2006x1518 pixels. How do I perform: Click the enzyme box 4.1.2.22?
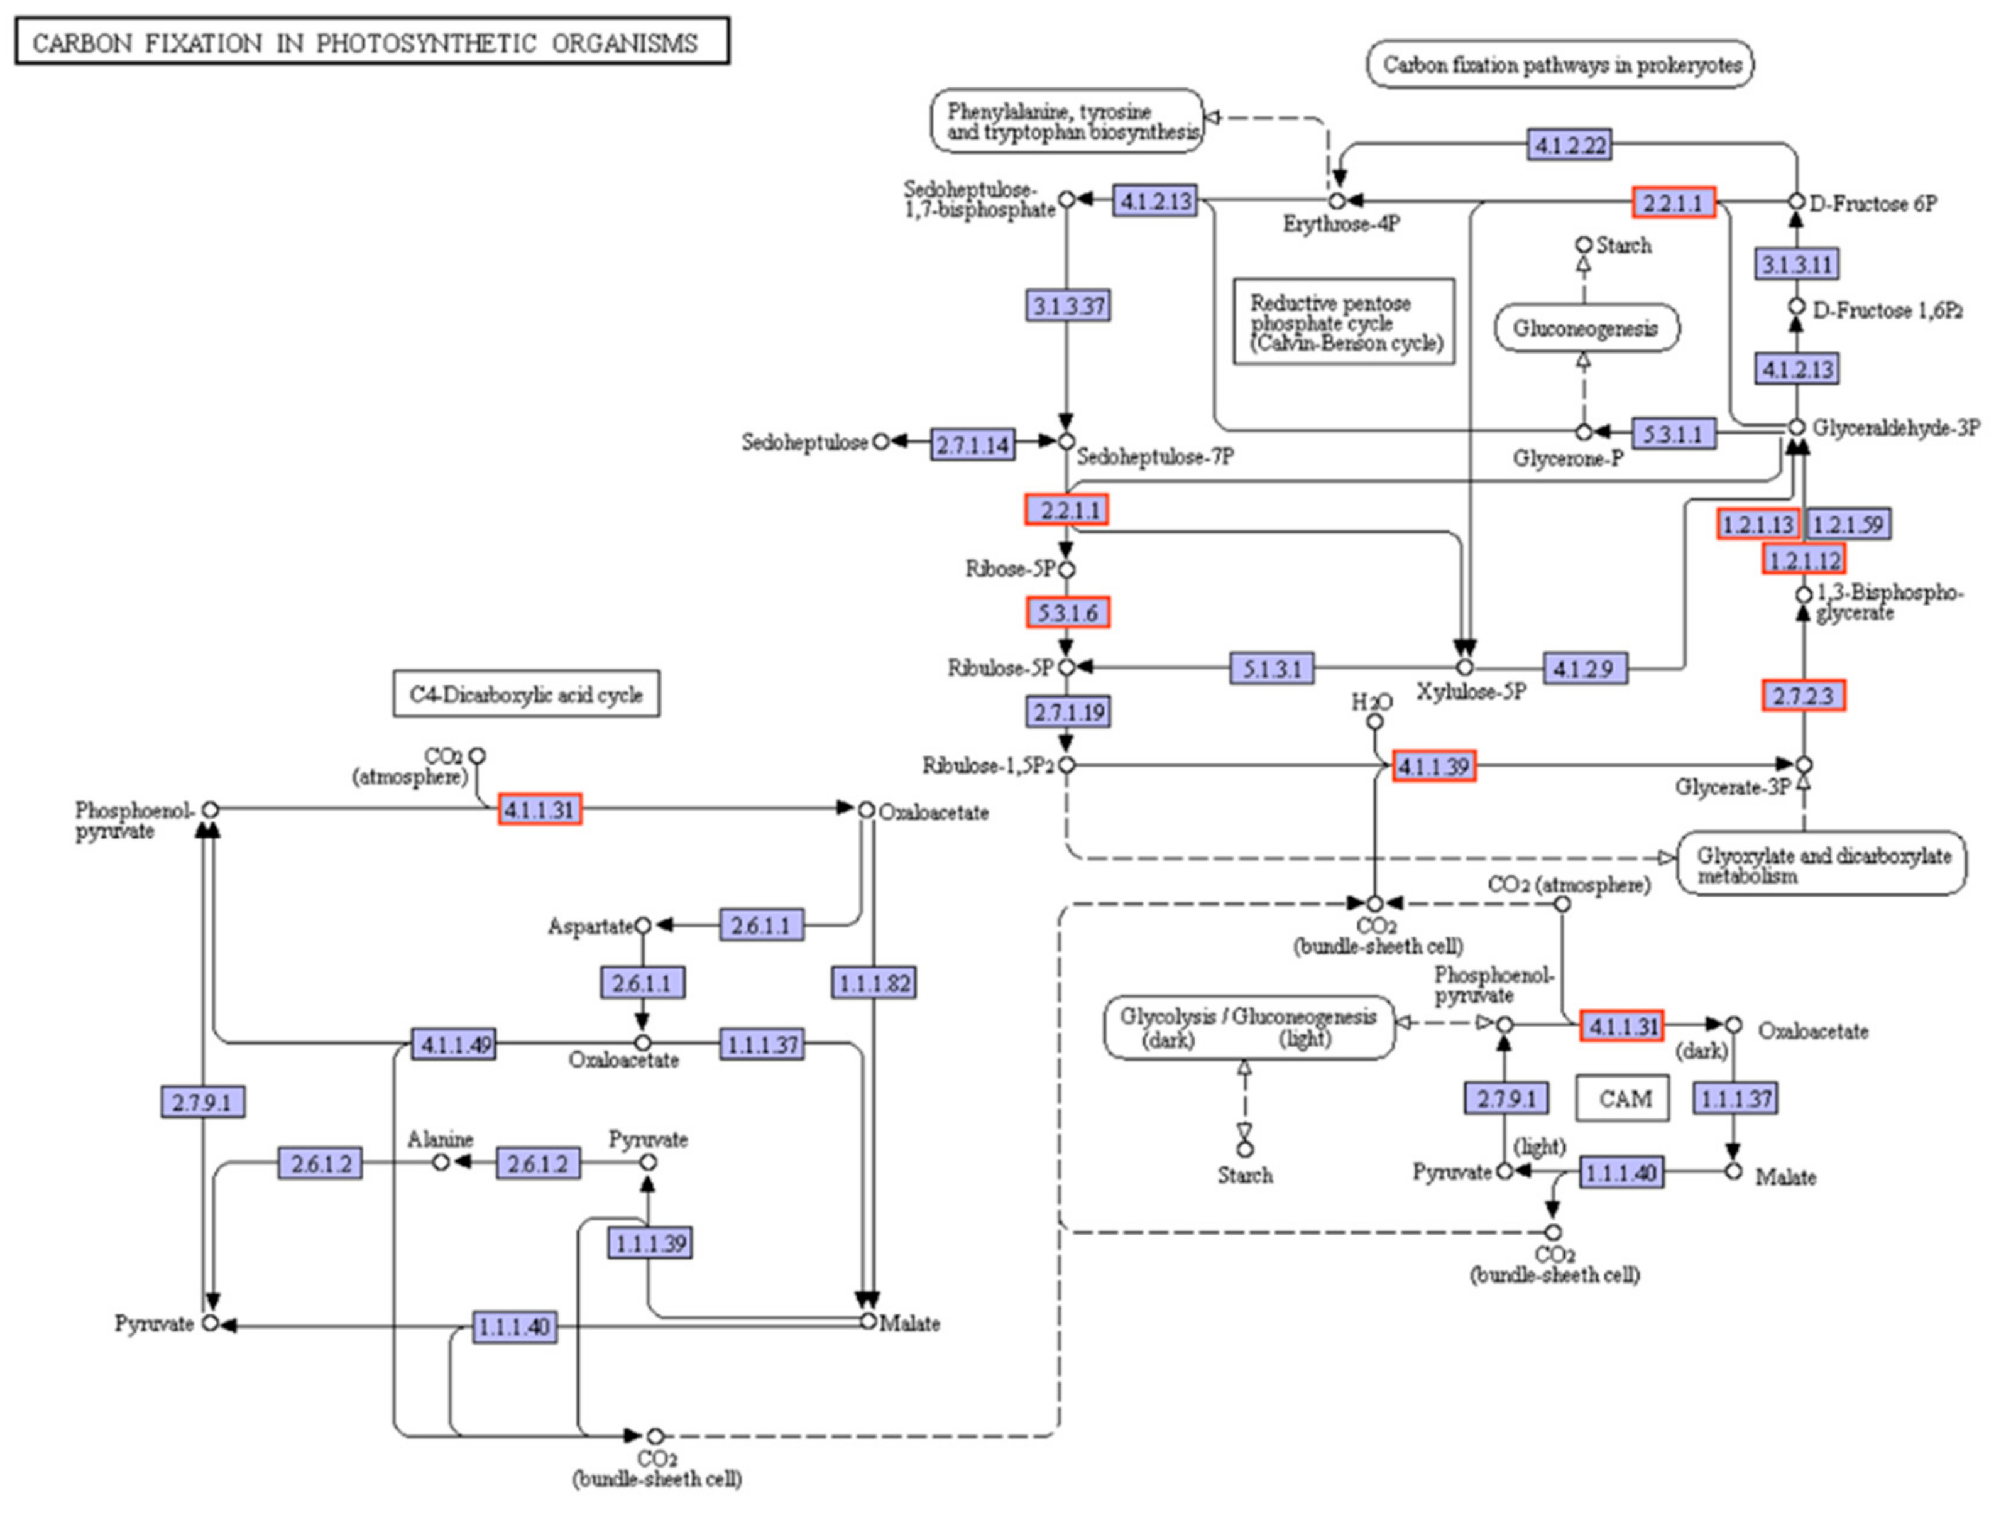click(x=1570, y=144)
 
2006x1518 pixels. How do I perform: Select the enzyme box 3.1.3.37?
click(x=1069, y=305)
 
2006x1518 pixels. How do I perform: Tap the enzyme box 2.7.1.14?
click(x=972, y=444)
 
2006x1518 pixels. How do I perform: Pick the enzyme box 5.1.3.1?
click(x=1271, y=669)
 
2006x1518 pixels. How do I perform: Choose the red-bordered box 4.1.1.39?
click(x=1433, y=767)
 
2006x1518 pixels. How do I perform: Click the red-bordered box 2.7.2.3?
click(x=1803, y=696)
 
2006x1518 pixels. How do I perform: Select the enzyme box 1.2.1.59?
click(x=1849, y=524)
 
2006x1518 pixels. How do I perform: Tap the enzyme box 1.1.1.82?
click(x=874, y=983)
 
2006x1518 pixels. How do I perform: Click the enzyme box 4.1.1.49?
click(x=454, y=1045)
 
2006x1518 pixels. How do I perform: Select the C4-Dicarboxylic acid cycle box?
click(x=526, y=695)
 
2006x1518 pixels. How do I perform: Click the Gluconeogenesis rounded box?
click(x=1585, y=328)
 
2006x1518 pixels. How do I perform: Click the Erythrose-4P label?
click(x=1340, y=224)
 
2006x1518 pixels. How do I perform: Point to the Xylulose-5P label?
click(x=1471, y=692)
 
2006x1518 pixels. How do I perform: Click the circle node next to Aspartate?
click(x=643, y=926)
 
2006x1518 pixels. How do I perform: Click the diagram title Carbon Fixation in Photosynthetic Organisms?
click(x=372, y=43)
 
